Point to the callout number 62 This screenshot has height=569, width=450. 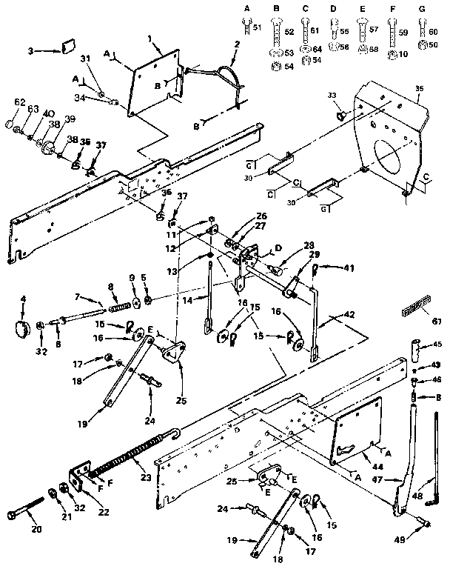point(20,102)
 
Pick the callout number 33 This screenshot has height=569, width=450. point(332,95)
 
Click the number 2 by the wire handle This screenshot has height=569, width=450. point(236,44)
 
